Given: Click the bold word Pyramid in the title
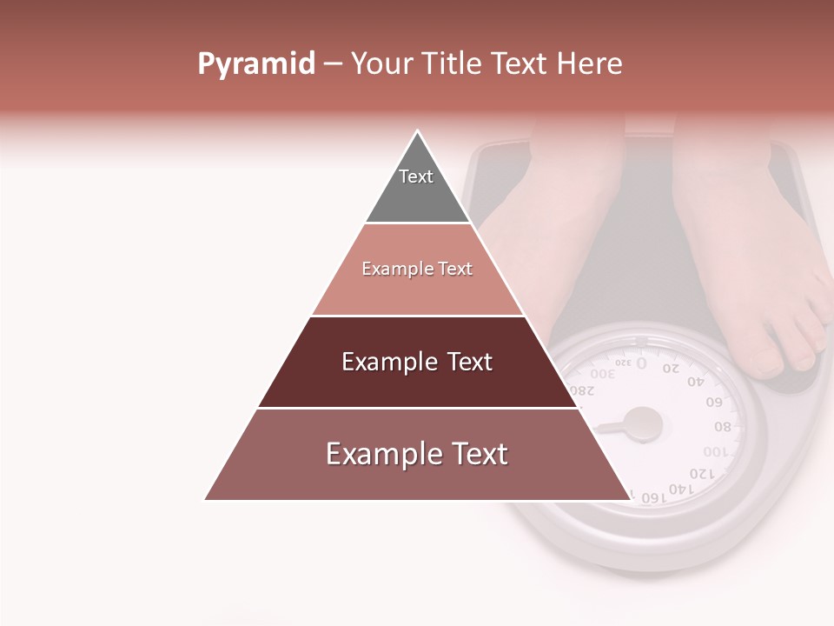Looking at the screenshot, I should [x=255, y=64].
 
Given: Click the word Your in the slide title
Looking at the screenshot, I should [x=380, y=64].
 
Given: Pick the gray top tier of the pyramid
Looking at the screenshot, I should [x=417, y=187].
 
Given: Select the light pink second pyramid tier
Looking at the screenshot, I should [x=417, y=270].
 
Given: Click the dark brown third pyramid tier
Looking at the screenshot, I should [x=417, y=362].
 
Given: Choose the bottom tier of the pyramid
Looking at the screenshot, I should [x=417, y=455].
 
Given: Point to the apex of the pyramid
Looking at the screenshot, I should [x=418, y=133].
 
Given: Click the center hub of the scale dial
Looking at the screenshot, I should [x=645, y=423].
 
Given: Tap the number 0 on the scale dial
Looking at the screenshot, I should [x=641, y=363].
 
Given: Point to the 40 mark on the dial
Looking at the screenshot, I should [x=696, y=381].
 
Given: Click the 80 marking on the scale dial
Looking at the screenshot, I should [x=723, y=427].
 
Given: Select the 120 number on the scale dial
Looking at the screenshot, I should [x=700, y=474].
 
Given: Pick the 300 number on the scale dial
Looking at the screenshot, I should [x=605, y=373].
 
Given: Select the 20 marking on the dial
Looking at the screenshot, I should [x=672, y=368].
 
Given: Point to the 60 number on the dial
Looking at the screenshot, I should [x=715, y=402].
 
